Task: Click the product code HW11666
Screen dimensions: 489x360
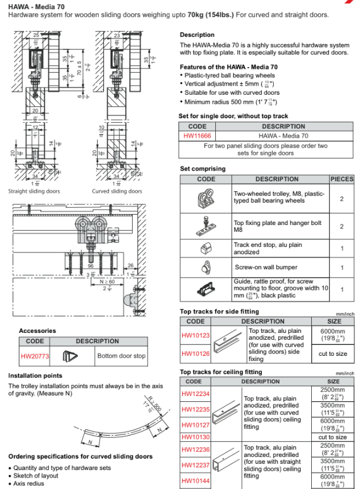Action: [196, 136]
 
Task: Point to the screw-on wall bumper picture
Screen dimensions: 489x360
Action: [206, 267]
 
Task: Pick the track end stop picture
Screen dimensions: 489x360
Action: [206, 248]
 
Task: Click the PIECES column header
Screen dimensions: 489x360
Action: [342, 179]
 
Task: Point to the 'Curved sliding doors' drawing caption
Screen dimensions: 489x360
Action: [117, 191]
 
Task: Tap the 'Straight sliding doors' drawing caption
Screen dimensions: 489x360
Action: [34, 191]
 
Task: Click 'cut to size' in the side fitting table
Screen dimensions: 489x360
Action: [333, 354]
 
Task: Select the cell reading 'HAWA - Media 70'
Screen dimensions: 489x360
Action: [283, 136]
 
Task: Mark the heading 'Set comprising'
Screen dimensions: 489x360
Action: [203, 169]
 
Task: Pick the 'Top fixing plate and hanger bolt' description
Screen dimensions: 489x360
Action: [278, 226]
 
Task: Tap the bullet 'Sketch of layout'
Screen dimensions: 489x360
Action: [35, 476]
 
